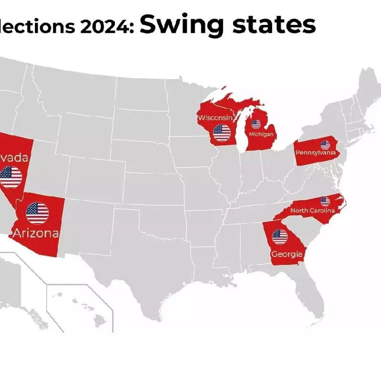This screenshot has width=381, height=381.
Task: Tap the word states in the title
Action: tap(274, 24)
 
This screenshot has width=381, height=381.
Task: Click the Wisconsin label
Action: tap(215, 118)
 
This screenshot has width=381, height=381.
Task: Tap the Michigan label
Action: tap(261, 134)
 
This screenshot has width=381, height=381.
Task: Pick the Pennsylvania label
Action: tap(316, 152)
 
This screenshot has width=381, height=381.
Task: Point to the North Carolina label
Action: tap(312, 210)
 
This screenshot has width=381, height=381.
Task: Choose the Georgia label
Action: tap(287, 254)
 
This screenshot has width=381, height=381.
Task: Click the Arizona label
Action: tap(36, 233)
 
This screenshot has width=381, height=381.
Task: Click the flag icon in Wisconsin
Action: tap(222, 133)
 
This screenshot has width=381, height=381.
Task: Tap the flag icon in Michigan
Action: tap(256, 124)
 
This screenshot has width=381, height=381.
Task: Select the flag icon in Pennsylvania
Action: tap(325, 145)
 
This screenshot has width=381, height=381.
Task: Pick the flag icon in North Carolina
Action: tap(325, 201)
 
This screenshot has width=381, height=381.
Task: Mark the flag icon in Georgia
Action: tap(280, 237)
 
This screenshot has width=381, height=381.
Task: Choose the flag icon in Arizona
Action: tap(37, 213)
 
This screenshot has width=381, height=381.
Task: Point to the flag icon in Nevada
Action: tap(11, 177)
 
